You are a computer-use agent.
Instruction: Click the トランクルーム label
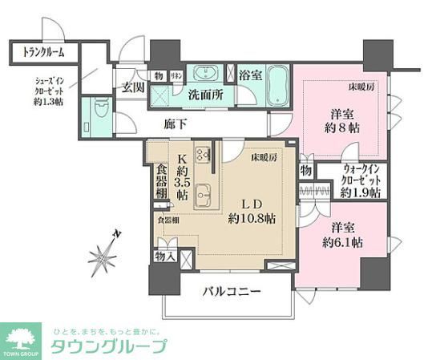tap(37, 53)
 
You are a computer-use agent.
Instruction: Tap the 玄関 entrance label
tap(132, 88)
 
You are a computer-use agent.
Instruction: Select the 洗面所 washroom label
tap(205, 95)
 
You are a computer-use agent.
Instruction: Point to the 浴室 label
tap(250, 75)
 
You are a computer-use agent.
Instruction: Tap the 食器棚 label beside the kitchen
tap(159, 182)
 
